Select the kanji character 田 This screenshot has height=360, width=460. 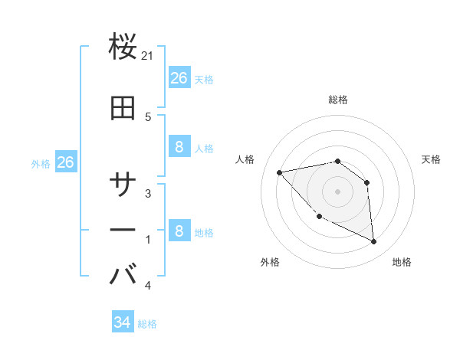click(123, 109)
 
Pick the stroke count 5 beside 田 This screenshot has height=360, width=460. click(148, 116)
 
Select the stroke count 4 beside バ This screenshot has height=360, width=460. click(148, 286)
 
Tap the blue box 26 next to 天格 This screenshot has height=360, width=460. click(179, 78)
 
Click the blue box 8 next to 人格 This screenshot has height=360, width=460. click(179, 147)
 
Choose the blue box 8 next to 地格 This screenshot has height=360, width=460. click(179, 231)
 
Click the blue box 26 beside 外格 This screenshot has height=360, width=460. click(65, 162)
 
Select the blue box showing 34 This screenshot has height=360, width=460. click(122, 322)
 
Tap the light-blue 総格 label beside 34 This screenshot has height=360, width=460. click(147, 324)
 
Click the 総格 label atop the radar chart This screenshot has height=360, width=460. click(338, 100)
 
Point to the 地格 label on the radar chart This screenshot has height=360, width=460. click(402, 262)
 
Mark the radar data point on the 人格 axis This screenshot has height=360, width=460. click(280, 172)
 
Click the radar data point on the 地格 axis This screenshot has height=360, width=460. click(374, 242)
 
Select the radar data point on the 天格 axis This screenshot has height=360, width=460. click(366, 182)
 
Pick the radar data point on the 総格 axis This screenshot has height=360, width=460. click(338, 161)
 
